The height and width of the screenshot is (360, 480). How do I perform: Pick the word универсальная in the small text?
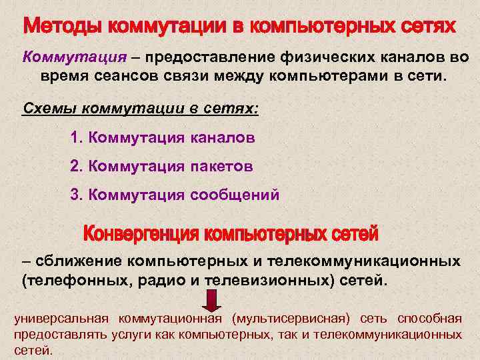tap(56, 317)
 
